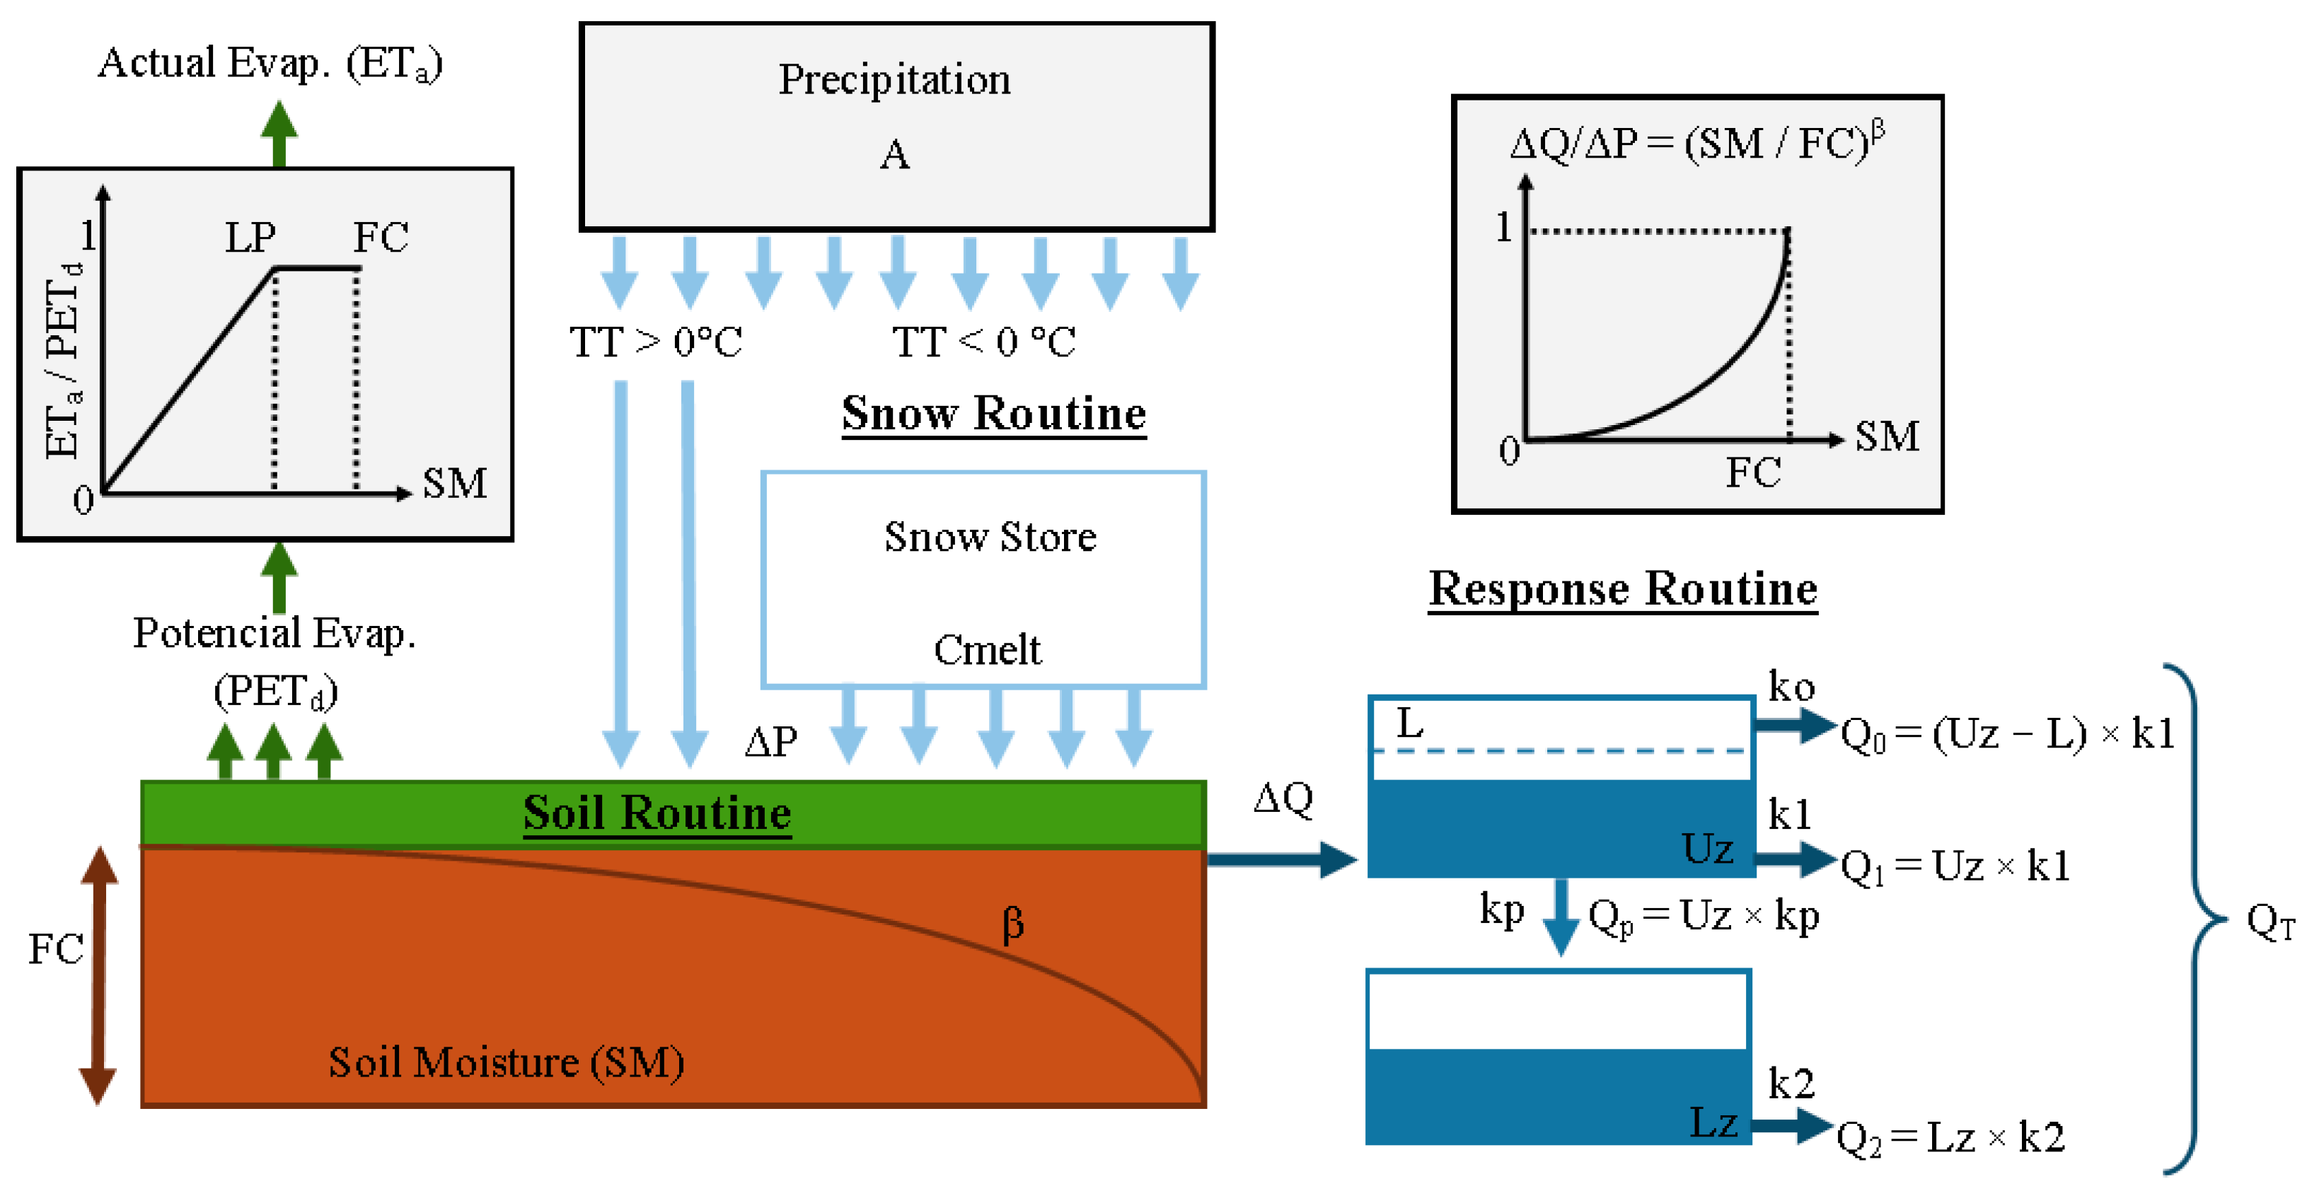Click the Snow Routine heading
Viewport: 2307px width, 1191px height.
(993, 414)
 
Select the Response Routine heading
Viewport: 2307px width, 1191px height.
(1622, 589)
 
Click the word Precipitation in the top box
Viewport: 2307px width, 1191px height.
(894, 80)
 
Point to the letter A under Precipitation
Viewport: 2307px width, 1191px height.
(894, 155)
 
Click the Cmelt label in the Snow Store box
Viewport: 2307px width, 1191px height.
(987, 649)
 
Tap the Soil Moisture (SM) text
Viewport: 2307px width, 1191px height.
(506, 1063)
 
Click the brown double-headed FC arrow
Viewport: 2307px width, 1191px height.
(98, 975)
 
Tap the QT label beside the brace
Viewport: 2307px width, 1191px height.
(2270, 921)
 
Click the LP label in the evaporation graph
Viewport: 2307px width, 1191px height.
(250, 238)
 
